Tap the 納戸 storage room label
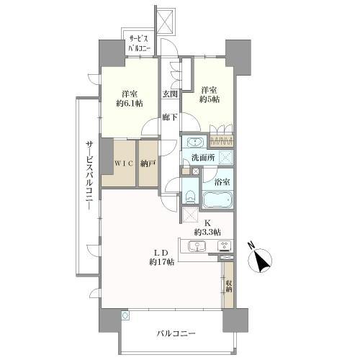click(x=148, y=163)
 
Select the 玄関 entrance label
click(x=169, y=94)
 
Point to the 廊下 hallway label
click(x=169, y=116)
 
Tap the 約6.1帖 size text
click(x=129, y=104)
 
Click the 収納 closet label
click(x=228, y=289)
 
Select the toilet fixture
click(x=189, y=195)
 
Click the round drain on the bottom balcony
click(x=125, y=315)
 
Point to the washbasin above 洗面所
click(x=192, y=142)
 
